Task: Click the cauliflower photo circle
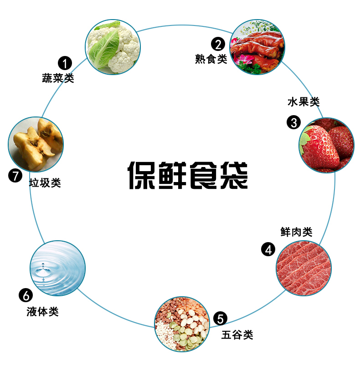[113, 47]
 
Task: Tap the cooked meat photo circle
[258, 47]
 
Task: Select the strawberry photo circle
[326, 145]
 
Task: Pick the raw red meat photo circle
[303, 268]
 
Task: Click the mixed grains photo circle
[182, 324]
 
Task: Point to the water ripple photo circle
[57, 268]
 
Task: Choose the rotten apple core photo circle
[36, 144]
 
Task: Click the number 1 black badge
[64, 63]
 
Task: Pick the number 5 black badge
[220, 319]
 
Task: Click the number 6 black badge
[25, 295]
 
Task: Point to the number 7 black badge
[15, 176]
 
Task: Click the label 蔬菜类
[58, 78]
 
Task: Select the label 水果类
[303, 102]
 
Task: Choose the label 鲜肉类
[296, 232]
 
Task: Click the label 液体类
[42, 312]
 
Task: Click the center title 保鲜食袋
[187, 175]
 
